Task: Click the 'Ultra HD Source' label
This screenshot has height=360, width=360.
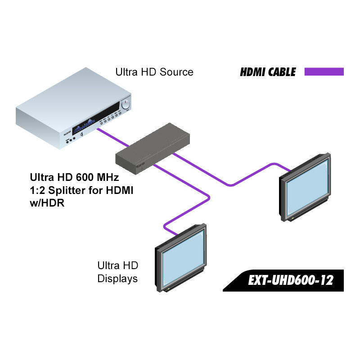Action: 154,72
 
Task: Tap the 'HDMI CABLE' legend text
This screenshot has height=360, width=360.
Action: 268,72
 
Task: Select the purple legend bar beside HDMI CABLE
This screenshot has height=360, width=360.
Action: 324,72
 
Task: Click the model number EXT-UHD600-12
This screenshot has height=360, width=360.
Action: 290,281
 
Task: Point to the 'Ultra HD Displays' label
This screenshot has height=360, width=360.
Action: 117,272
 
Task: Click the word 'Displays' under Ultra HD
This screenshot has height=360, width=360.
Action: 117,279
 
